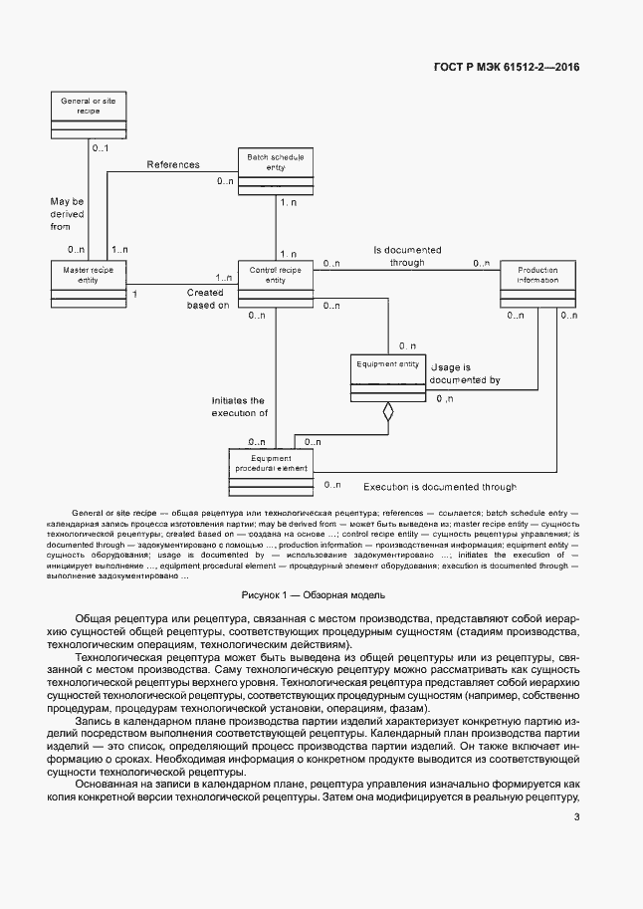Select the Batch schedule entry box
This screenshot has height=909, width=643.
click(x=276, y=171)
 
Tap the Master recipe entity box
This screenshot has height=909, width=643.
click(x=88, y=282)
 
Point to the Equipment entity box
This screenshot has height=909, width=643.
click(x=388, y=377)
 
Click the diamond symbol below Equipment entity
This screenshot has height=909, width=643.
click(x=388, y=410)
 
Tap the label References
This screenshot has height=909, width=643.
click(x=173, y=165)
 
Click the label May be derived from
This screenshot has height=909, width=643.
click(x=68, y=214)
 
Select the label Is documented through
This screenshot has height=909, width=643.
click(x=407, y=256)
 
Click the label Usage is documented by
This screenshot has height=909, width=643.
click(x=466, y=373)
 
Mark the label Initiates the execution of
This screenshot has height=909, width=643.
click(x=239, y=405)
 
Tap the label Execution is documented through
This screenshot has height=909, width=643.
click(x=439, y=487)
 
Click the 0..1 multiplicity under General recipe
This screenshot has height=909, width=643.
click(x=100, y=148)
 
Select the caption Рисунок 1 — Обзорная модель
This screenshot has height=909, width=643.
click(x=321, y=594)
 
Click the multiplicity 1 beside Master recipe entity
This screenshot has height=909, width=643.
click(x=134, y=295)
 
